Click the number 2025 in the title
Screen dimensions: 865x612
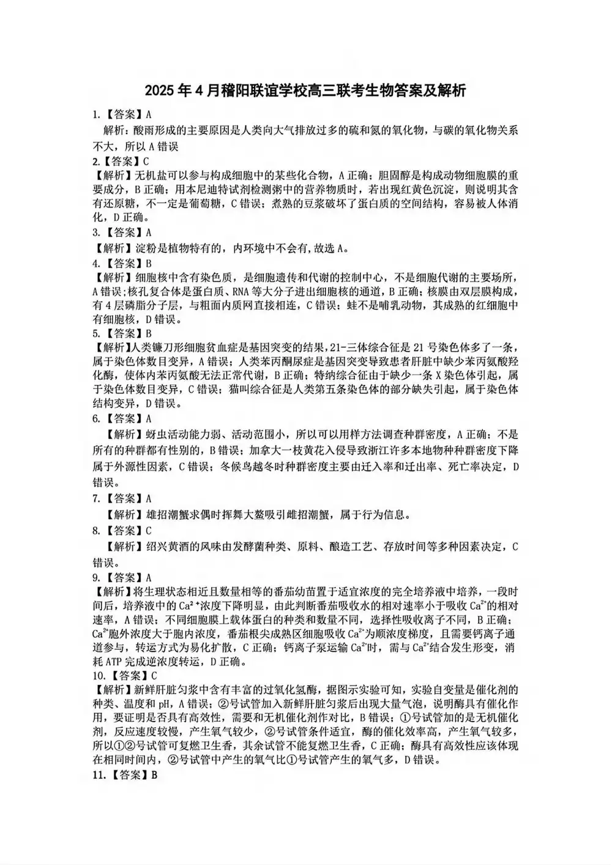click(160, 91)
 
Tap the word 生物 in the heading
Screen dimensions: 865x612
click(392, 91)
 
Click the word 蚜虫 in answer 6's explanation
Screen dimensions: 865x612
click(158, 435)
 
